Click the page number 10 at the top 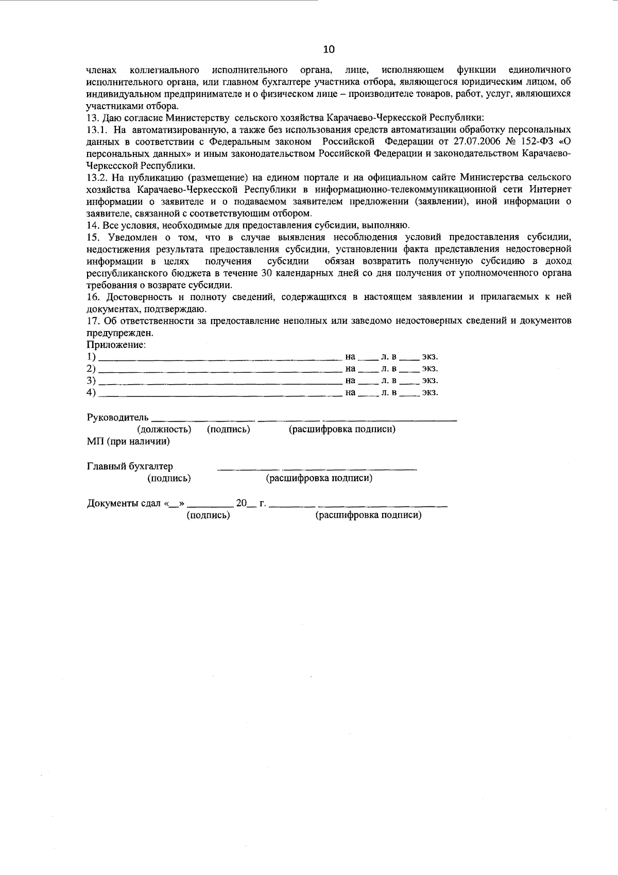(x=329, y=49)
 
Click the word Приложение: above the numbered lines (x=116, y=344)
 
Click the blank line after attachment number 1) (x=220, y=357)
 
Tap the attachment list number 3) (x=92, y=381)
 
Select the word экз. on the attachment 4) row (x=430, y=392)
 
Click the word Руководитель (x=118, y=417)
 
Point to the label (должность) (x=164, y=430)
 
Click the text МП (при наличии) (x=128, y=441)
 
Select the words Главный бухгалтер (x=130, y=466)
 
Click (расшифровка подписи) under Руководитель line (x=342, y=430)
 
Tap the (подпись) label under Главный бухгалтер (x=169, y=478)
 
